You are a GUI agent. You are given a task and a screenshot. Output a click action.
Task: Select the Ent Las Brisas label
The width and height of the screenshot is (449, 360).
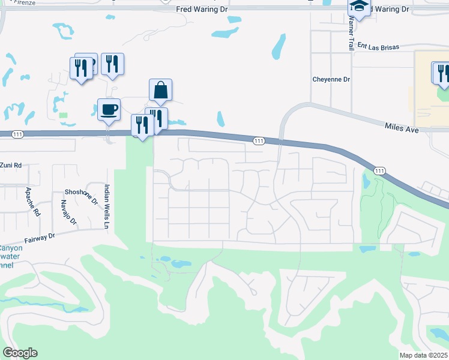(379, 46)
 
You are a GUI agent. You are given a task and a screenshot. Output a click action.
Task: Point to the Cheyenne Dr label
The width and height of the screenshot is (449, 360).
(331, 79)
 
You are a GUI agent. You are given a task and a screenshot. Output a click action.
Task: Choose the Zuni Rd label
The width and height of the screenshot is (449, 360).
(11, 165)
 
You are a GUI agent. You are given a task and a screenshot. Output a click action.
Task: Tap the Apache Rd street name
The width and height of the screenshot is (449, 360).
(32, 202)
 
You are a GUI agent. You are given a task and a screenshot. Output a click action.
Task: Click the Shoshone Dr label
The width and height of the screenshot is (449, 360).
(81, 193)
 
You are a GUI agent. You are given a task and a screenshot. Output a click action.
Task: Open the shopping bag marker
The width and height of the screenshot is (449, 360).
(160, 90)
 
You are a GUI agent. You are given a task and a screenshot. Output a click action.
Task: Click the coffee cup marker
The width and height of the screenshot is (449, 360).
(109, 110)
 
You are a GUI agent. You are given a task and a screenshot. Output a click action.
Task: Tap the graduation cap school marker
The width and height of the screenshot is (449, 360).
(359, 7)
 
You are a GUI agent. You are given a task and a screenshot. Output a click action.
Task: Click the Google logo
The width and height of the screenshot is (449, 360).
(20, 353)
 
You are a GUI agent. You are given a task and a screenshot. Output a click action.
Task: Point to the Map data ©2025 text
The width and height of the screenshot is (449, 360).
(423, 355)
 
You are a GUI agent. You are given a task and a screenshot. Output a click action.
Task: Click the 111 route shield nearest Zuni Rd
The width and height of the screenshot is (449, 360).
(17, 134)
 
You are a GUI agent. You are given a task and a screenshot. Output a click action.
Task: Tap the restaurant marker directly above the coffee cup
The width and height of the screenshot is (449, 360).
(112, 64)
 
